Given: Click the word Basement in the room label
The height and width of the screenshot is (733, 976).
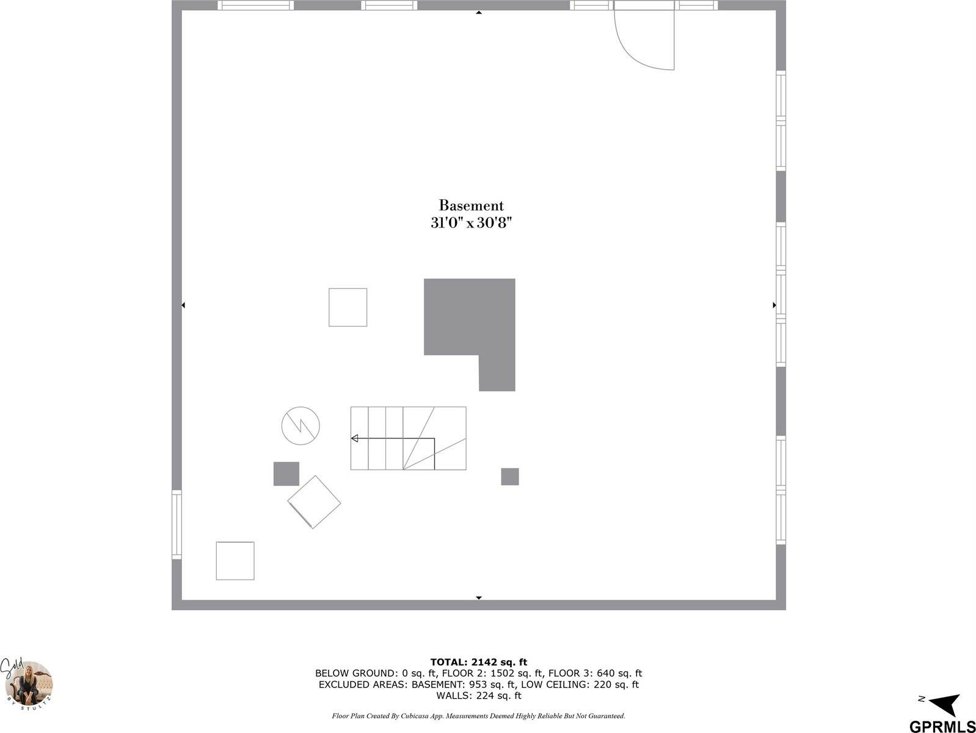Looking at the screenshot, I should tap(471, 205).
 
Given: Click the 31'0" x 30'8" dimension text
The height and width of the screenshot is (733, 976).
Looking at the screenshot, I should tap(470, 223).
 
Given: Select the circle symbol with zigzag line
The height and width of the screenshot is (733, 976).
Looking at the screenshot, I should tap(300, 425).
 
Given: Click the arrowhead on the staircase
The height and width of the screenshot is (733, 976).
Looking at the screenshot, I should tap(354, 438).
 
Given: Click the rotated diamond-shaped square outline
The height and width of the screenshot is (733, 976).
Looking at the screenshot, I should tap(314, 502).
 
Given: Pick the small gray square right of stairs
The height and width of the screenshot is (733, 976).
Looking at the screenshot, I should tap(509, 477).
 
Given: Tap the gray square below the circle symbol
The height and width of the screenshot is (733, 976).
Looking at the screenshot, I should tap(286, 474).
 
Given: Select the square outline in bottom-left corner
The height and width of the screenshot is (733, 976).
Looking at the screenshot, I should tap(235, 561).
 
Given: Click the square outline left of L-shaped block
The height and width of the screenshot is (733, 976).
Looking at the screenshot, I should tap(348, 308).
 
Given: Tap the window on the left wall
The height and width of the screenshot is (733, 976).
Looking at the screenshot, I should tap(177, 525).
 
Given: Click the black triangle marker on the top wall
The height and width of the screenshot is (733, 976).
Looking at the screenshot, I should tap(479, 12).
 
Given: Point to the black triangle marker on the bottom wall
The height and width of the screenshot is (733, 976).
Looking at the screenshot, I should tap(479, 597).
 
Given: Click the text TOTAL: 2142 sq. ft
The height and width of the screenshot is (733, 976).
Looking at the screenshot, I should tap(478, 662).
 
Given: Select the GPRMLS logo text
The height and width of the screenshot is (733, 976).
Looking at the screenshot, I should tap(942, 726).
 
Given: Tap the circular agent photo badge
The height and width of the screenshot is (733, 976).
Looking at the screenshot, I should tap(28, 685).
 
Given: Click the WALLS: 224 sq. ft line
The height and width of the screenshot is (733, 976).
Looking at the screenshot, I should tap(478, 696).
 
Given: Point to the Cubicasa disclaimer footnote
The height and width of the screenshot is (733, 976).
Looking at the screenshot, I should tap(478, 715).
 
